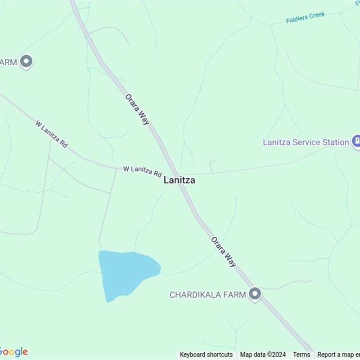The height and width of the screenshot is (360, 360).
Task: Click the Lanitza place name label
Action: tap(179, 180)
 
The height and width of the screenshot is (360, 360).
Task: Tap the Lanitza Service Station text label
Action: tap(306, 142)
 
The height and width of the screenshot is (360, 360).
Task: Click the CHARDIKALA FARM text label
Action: tap(207, 295)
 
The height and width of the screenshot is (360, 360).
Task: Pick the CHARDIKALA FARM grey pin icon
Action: tap(255, 294)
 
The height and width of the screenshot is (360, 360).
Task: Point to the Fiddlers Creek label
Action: tap(305, 18)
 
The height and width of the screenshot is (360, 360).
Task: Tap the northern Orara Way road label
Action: tap(137, 109)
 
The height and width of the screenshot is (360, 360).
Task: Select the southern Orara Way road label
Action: tap(224, 252)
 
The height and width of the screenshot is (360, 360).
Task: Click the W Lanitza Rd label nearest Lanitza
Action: tap(142, 171)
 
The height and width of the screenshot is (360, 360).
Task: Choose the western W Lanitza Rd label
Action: tap(51, 134)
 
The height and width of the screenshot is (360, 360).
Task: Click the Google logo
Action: tap(13, 352)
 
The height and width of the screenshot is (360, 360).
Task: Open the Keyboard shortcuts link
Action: tap(206, 355)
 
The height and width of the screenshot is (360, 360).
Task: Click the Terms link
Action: tap(301, 355)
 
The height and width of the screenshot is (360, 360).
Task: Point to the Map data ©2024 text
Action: tap(263, 355)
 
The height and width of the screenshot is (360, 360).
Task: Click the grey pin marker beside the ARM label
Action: tap(27, 62)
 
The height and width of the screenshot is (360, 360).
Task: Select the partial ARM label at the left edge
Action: tap(8, 62)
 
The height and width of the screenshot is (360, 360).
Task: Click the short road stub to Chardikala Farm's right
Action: tap(288, 284)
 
